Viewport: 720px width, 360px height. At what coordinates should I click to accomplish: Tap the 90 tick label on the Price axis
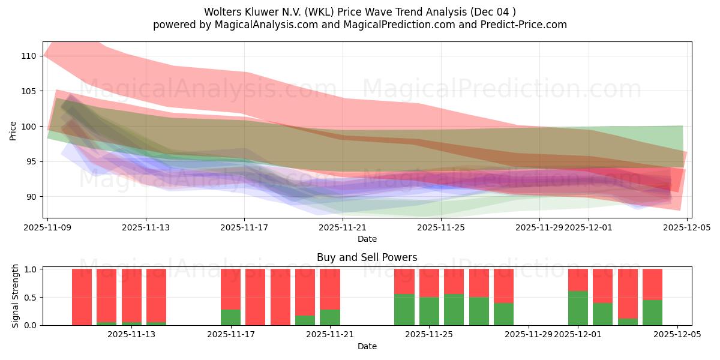point(31,197)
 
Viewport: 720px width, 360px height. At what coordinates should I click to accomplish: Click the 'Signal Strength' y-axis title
point(16,296)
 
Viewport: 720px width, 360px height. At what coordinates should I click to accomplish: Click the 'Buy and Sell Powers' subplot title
point(367,257)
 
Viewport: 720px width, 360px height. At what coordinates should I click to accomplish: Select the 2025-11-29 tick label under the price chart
point(539,227)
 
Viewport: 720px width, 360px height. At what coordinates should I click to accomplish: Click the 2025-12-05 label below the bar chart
point(677,334)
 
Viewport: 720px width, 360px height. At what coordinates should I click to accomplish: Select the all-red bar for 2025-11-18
point(256,297)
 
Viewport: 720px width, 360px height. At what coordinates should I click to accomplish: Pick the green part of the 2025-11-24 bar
point(404,310)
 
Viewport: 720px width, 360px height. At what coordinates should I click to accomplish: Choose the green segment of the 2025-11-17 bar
point(230,317)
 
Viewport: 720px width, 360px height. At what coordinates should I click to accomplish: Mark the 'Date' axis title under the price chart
point(367,239)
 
